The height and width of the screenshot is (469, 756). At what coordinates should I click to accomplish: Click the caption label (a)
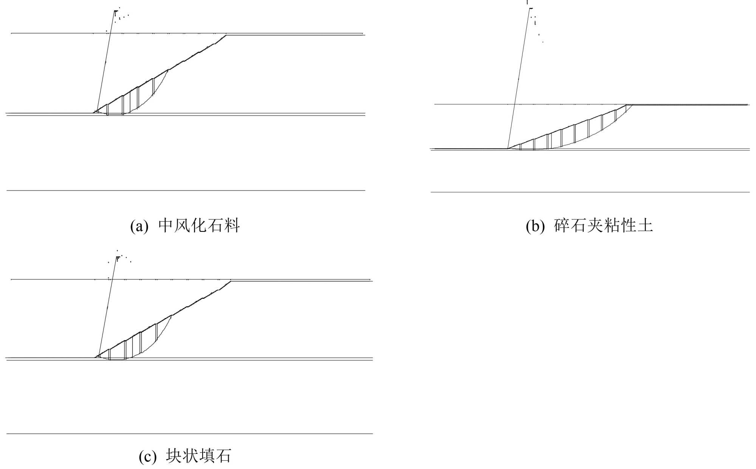[139, 226]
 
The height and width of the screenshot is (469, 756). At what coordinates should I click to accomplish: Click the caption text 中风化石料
[199, 225]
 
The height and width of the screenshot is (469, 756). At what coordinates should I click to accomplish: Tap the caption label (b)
[535, 226]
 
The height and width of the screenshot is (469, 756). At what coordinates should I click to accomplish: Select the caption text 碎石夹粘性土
[604, 225]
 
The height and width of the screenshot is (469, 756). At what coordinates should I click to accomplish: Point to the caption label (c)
[147, 457]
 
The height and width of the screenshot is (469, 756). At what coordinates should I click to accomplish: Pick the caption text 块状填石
[198, 456]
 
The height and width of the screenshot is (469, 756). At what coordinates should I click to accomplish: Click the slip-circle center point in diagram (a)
[115, 11]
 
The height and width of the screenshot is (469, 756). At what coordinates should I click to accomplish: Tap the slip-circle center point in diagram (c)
[117, 258]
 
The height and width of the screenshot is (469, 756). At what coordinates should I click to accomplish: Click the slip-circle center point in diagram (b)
[531, 8]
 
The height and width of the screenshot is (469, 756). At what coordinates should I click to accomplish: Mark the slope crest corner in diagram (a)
[226, 35]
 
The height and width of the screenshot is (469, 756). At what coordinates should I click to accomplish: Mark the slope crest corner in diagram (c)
[231, 281]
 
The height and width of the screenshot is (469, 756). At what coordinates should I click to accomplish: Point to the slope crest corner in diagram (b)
[627, 105]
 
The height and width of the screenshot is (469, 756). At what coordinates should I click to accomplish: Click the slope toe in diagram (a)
[93, 113]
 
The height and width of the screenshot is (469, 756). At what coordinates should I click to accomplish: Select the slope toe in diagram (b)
[508, 148]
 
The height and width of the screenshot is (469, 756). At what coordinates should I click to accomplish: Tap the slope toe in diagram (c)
[95, 357]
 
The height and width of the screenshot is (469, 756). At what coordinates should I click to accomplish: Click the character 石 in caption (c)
[223, 456]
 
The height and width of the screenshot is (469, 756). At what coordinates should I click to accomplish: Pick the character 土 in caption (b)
[645, 225]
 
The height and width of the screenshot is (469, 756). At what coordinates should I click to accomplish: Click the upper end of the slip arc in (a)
[168, 69]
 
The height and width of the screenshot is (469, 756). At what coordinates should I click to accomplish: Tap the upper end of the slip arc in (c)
[172, 315]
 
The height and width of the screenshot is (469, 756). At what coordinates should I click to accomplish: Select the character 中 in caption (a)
[166, 225]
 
